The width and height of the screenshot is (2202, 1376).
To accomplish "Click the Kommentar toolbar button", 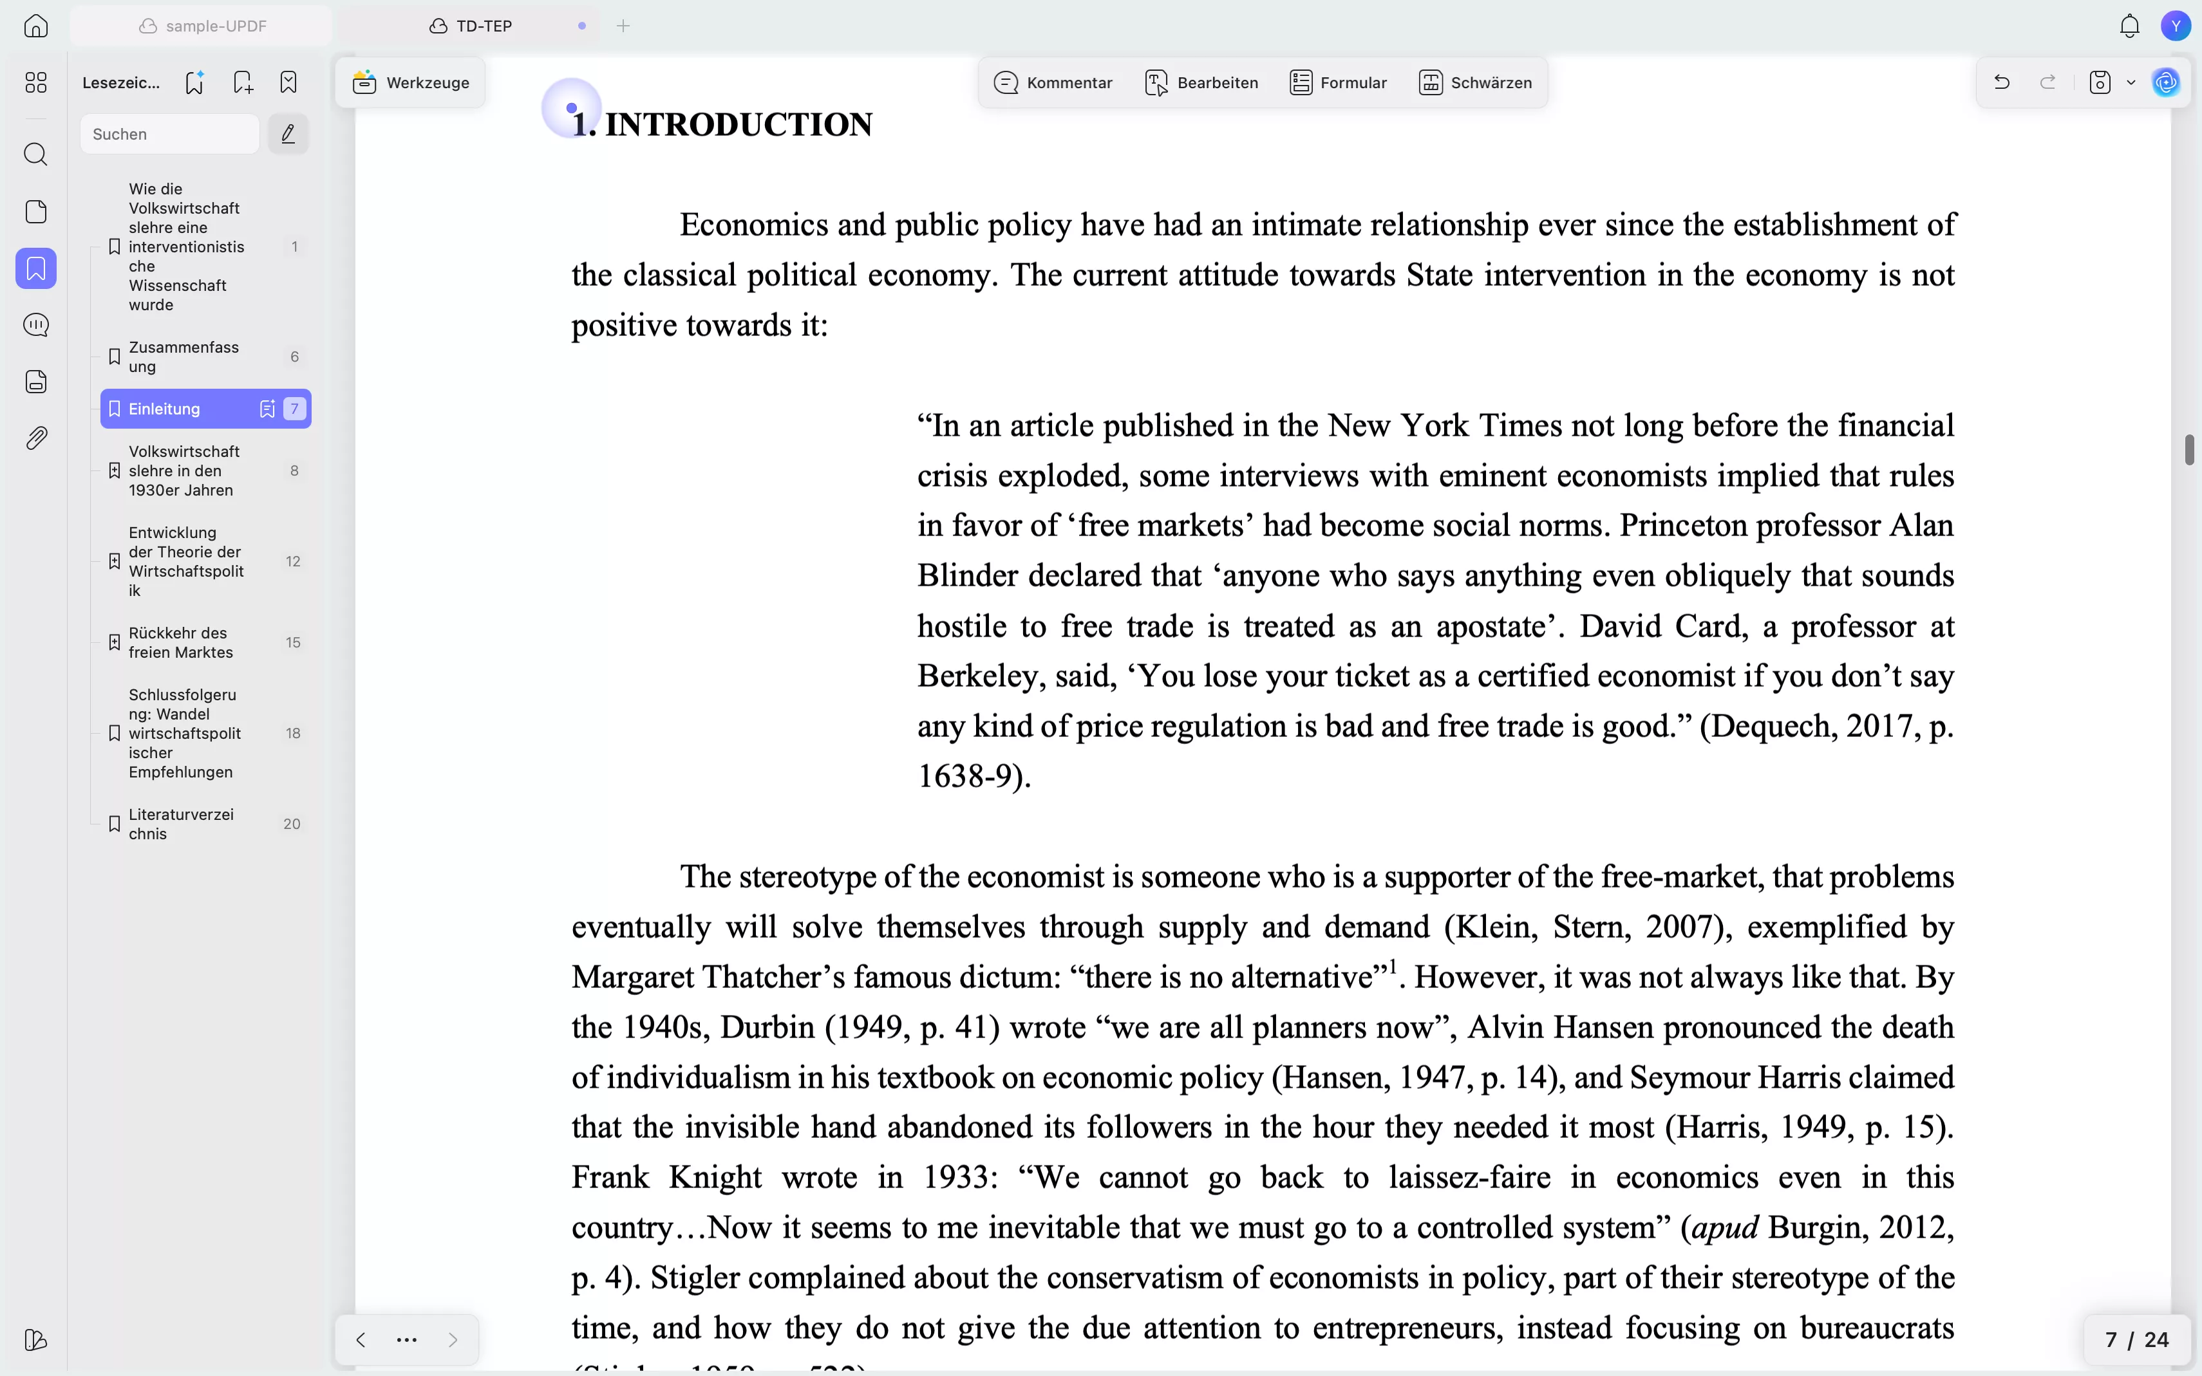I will (1053, 83).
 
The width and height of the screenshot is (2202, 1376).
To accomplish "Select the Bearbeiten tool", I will (1201, 83).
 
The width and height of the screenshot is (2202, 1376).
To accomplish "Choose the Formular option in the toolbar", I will (1338, 83).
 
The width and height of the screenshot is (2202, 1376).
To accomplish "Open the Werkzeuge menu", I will (411, 83).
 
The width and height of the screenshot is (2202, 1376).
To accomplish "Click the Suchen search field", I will (169, 135).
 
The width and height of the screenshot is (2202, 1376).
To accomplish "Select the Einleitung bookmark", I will (165, 409).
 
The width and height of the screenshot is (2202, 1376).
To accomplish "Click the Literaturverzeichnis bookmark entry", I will (180, 824).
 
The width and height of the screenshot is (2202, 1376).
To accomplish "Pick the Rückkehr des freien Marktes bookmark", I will (180, 642).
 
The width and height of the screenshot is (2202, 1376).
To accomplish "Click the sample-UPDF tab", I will (203, 26).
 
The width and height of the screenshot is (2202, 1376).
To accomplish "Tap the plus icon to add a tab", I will (623, 26).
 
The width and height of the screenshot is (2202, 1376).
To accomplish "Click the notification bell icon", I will (2129, 26).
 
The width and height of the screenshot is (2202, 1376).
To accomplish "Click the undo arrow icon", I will (2001, 83).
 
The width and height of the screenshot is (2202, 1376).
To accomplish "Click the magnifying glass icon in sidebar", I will (35, 154).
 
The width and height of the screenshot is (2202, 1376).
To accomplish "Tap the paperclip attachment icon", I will (35, 439).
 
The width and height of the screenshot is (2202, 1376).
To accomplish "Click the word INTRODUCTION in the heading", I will (739, 126).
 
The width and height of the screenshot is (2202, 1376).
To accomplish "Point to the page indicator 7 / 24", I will (2136, 1339).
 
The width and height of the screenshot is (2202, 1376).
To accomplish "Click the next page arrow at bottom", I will (453, 1339).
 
